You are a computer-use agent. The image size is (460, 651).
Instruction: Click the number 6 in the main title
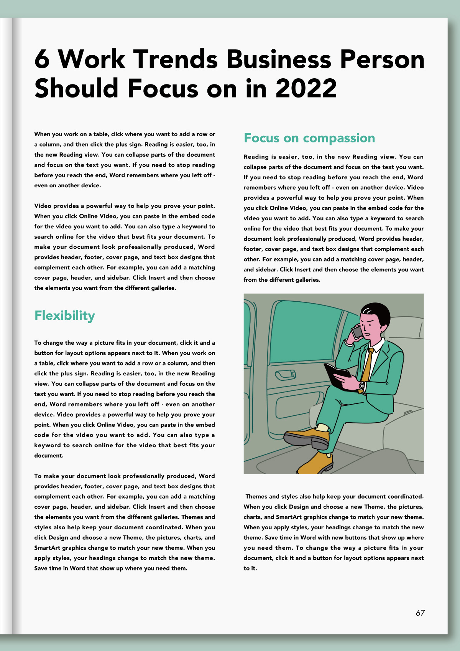[x=42, y=59]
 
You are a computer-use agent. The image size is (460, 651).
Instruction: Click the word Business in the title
[x=279, y=59]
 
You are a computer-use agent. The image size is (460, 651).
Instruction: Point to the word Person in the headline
[x=382, y=59]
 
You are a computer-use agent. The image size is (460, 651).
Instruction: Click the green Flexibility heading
[x=64, y=316]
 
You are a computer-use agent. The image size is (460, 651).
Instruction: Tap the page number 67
[x=420, y=613]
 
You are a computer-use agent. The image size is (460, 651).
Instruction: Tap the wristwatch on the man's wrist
[x=361, y=386]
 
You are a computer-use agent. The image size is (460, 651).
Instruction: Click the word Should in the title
[x=77, y=89]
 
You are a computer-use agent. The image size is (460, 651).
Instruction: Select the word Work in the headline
[x=92, y=59]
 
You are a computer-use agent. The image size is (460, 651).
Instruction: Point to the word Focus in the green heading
[x=261, y=138]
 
